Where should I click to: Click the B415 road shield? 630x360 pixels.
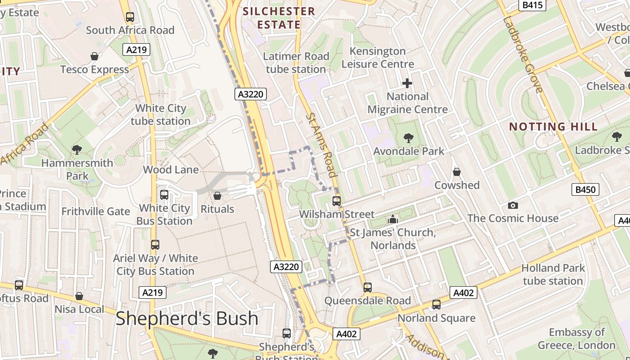533,5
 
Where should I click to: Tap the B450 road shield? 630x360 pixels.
585,189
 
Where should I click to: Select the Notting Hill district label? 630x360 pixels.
553,126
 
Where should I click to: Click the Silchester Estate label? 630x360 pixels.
279,18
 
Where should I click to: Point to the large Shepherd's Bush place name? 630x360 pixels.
187,319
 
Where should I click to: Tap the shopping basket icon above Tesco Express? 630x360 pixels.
94,56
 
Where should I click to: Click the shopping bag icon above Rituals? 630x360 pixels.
217,196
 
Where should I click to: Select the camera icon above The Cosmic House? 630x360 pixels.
513,205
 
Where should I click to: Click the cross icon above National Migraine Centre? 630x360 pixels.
407,83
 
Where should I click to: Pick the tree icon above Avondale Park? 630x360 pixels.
409,138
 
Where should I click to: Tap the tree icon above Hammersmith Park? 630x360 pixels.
77,149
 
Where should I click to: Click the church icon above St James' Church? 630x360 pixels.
393,219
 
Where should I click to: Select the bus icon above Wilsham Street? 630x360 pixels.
337,201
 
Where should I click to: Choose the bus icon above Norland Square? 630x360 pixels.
436,305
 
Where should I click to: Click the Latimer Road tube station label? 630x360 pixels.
296,63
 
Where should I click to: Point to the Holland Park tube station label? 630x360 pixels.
553,274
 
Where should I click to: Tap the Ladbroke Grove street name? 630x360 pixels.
522,55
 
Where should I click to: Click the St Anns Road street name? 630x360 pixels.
321,145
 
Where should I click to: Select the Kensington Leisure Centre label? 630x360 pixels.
378,58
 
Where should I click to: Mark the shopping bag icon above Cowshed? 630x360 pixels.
457,172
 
